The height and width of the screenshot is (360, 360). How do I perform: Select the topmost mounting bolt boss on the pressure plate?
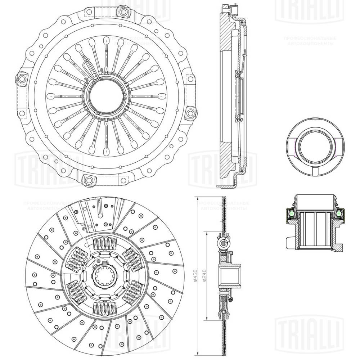124,12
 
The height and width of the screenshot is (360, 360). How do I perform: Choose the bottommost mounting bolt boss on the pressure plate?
87,180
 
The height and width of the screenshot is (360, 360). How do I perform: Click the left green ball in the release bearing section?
292,215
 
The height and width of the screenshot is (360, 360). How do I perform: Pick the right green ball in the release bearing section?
339,215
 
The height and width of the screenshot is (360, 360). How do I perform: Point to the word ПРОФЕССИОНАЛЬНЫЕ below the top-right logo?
310,39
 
